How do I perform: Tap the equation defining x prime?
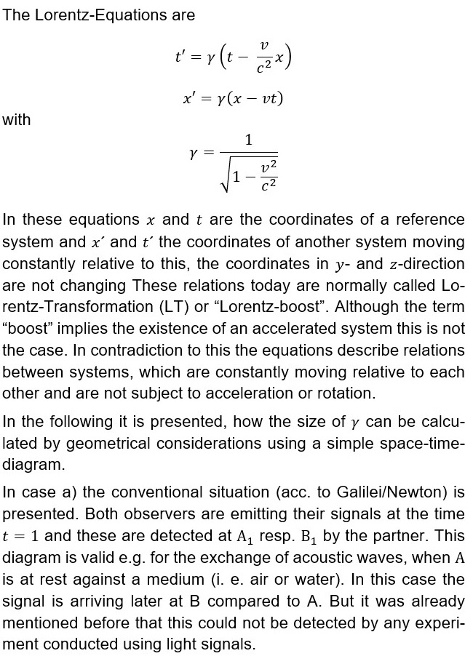pos(232,98)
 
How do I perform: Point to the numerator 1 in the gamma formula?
pos(249,141)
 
